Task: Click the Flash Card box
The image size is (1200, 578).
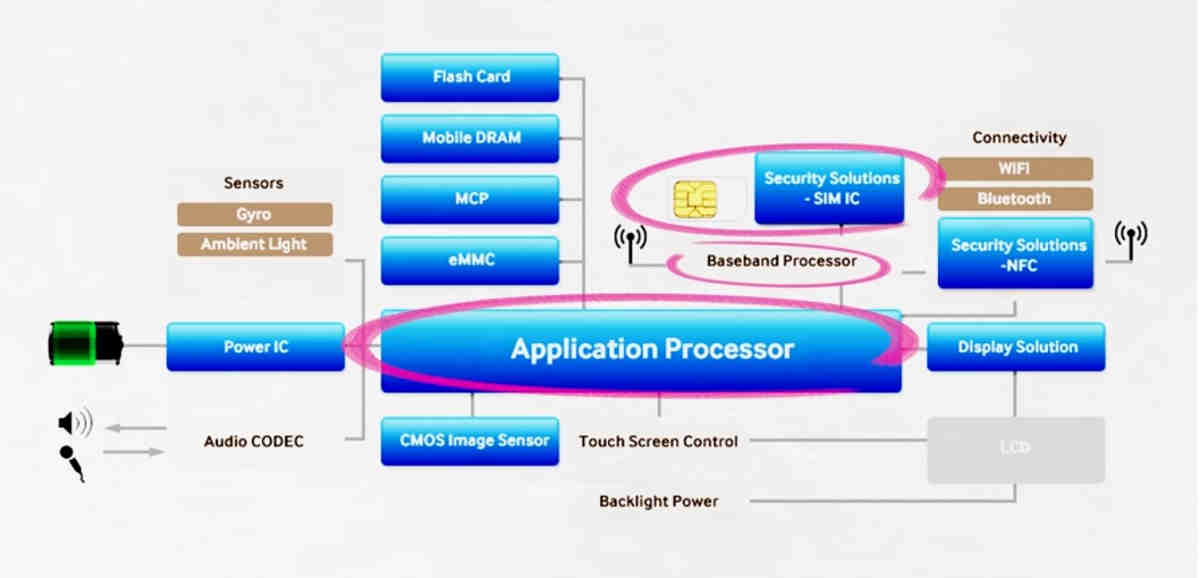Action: pos(470,77)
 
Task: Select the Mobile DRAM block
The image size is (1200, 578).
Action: pos(470,138)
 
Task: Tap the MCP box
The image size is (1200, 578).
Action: pos(470,199)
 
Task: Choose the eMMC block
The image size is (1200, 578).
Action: pos(470,260)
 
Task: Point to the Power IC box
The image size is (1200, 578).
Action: pos(255,347)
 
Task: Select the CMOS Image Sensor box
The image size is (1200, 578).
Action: pos(470,441)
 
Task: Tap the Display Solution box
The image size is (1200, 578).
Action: pos(1016,347)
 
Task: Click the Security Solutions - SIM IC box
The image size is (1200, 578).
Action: pos(830,188)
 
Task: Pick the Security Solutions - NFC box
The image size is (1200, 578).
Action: pos(1015,254)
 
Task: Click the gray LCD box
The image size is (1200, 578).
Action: pos(1016,448)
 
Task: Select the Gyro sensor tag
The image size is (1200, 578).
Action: pos(254,214)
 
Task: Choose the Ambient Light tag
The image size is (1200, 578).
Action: pos(254,244)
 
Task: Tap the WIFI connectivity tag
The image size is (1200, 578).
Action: pos(1014,169)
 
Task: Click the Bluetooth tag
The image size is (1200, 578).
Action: pos(1014,199)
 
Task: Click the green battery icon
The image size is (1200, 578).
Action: pos(85,343)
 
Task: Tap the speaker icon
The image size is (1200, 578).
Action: pos(74,424)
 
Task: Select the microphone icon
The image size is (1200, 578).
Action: pos(72,462)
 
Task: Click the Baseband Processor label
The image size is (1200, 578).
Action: pos(781,261)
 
